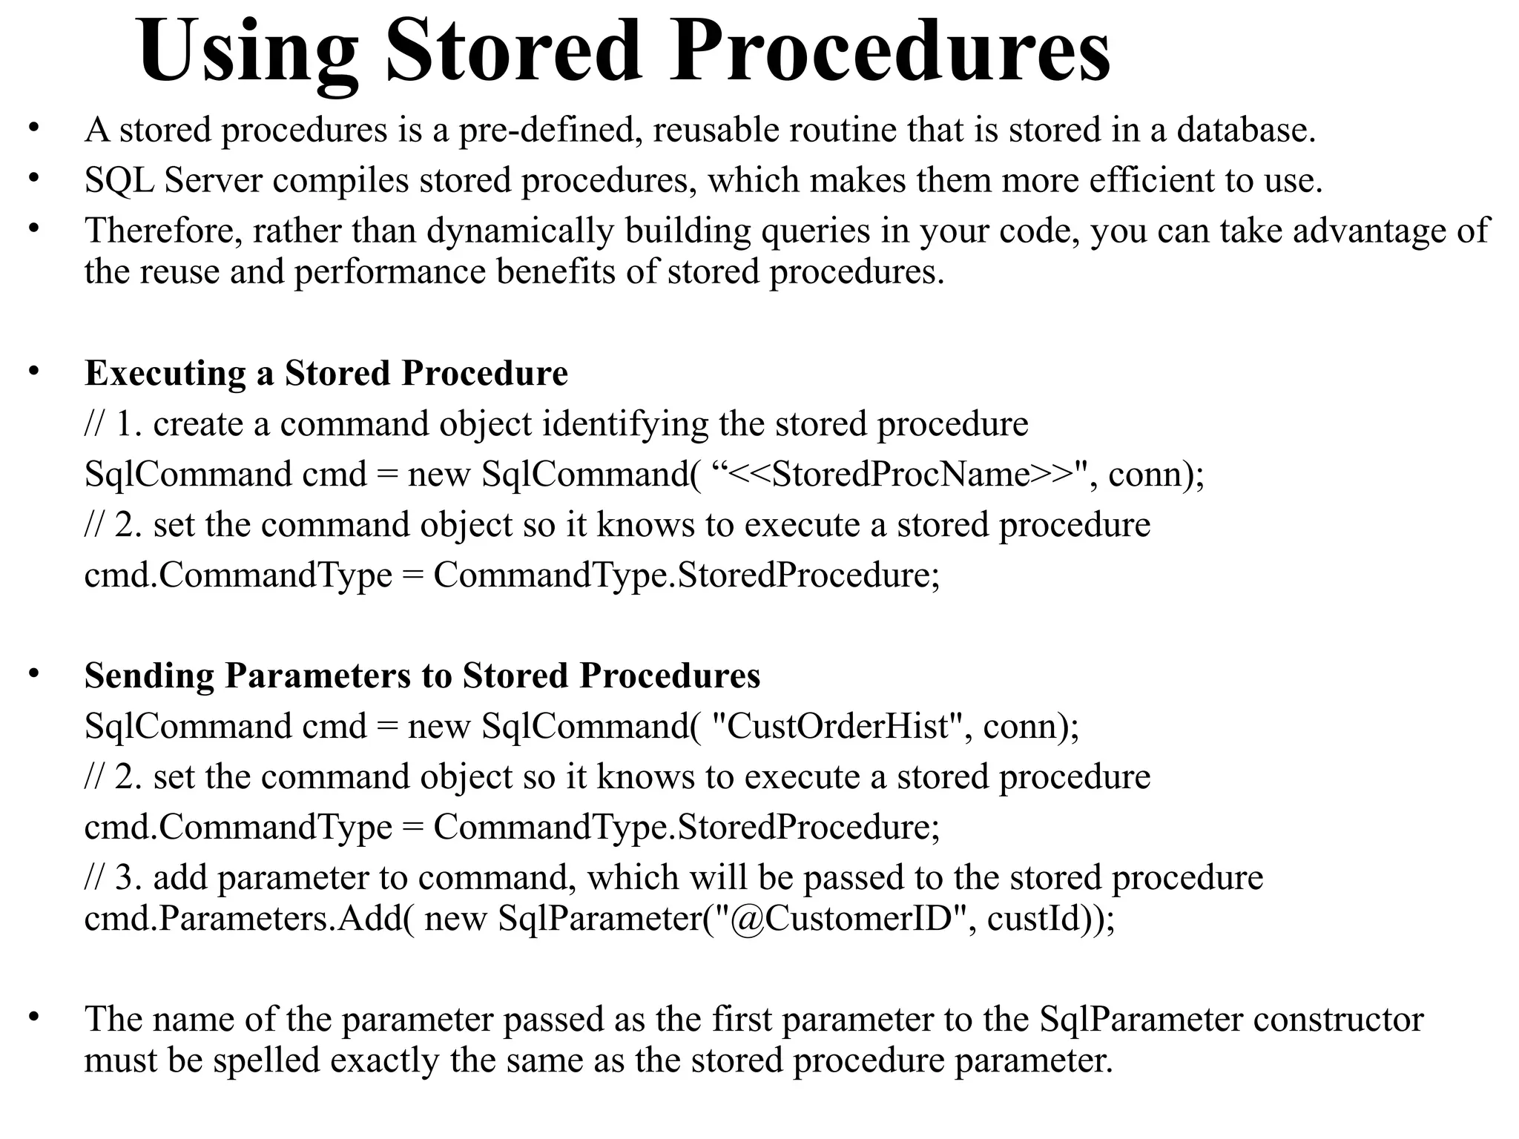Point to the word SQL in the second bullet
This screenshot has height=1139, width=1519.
tap(119, 180)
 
